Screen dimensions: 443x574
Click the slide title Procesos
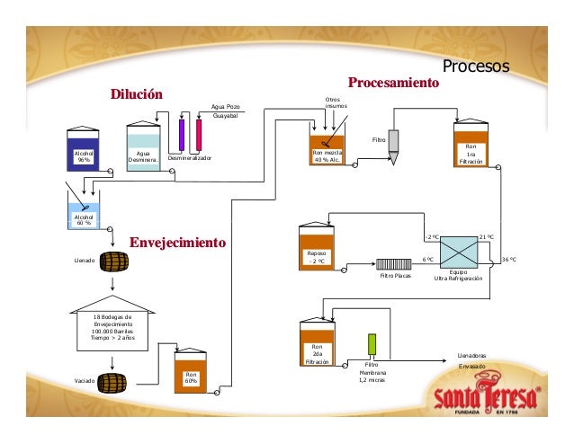(x=476, y=67)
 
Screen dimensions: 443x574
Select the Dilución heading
(x=136, y=94)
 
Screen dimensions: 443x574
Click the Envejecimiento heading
(x=177, y=243)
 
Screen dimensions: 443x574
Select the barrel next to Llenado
(x=112, y=261)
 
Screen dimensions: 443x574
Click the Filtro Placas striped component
(x=394, y=264)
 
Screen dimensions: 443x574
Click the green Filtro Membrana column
(x=371, y=346)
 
